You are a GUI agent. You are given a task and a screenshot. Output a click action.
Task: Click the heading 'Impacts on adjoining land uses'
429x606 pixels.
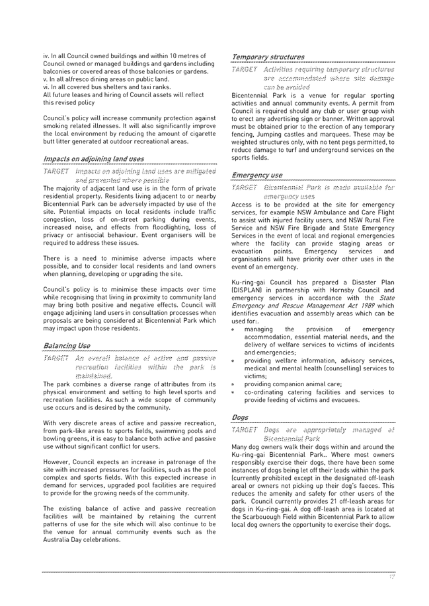pos(93,159)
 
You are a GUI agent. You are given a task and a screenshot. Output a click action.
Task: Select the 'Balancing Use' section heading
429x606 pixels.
pos(67,345)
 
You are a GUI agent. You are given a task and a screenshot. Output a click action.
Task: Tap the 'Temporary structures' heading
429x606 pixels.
pos(268,57)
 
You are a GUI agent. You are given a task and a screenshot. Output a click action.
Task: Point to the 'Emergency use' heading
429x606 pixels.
pos(256,176)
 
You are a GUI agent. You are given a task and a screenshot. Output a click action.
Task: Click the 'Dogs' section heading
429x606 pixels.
pos(239,418)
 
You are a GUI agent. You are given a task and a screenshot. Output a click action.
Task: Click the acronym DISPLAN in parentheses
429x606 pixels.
pos(250,290)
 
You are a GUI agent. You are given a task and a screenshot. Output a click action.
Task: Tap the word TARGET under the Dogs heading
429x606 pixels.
pos(243,430)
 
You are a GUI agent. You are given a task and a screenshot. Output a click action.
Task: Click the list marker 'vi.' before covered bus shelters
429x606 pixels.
pos(47,87)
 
